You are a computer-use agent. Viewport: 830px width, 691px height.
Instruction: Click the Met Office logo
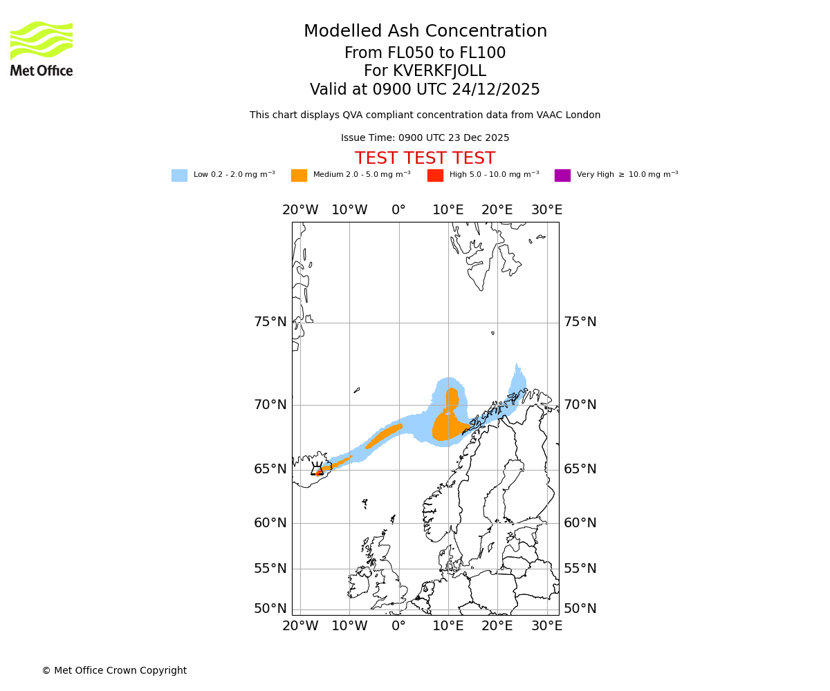click(41, 48)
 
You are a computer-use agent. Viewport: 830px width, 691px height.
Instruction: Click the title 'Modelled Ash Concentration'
click(425, 32)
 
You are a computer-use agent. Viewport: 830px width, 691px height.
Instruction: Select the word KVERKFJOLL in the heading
click(439, 71)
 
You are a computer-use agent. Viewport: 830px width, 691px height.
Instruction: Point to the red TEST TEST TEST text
click(425, 159)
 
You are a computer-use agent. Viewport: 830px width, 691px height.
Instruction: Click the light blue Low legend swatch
click(179, 176)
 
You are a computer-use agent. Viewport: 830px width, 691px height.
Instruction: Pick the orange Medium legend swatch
click(299, 176)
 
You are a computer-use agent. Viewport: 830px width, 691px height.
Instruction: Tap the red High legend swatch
click(435, 176)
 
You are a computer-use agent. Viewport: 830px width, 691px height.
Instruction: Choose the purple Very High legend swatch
click(562, 176)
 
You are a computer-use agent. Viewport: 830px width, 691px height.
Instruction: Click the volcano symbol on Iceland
click(317, 470)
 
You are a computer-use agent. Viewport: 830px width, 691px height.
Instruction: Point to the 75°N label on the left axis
click(270, 322)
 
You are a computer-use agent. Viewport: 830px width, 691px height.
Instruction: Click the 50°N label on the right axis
click(580, 609)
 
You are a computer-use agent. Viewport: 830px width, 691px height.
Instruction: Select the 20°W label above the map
click(300, 210)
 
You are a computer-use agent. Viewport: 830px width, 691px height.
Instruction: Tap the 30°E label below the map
click(546, 626)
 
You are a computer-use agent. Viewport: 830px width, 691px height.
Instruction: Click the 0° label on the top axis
click(399, 210)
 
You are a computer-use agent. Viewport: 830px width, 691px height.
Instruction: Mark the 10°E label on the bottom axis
click(448, 626)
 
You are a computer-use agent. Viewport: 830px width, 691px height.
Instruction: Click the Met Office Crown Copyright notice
click(114, 671)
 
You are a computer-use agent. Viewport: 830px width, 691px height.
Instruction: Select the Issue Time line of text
click(425, 138)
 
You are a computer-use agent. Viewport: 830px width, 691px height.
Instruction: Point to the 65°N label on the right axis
click(580, 469)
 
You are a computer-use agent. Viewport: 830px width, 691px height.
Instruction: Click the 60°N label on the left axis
click(270, 523)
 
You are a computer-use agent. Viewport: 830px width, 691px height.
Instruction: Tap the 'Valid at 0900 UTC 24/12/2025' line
click(425, 90)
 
